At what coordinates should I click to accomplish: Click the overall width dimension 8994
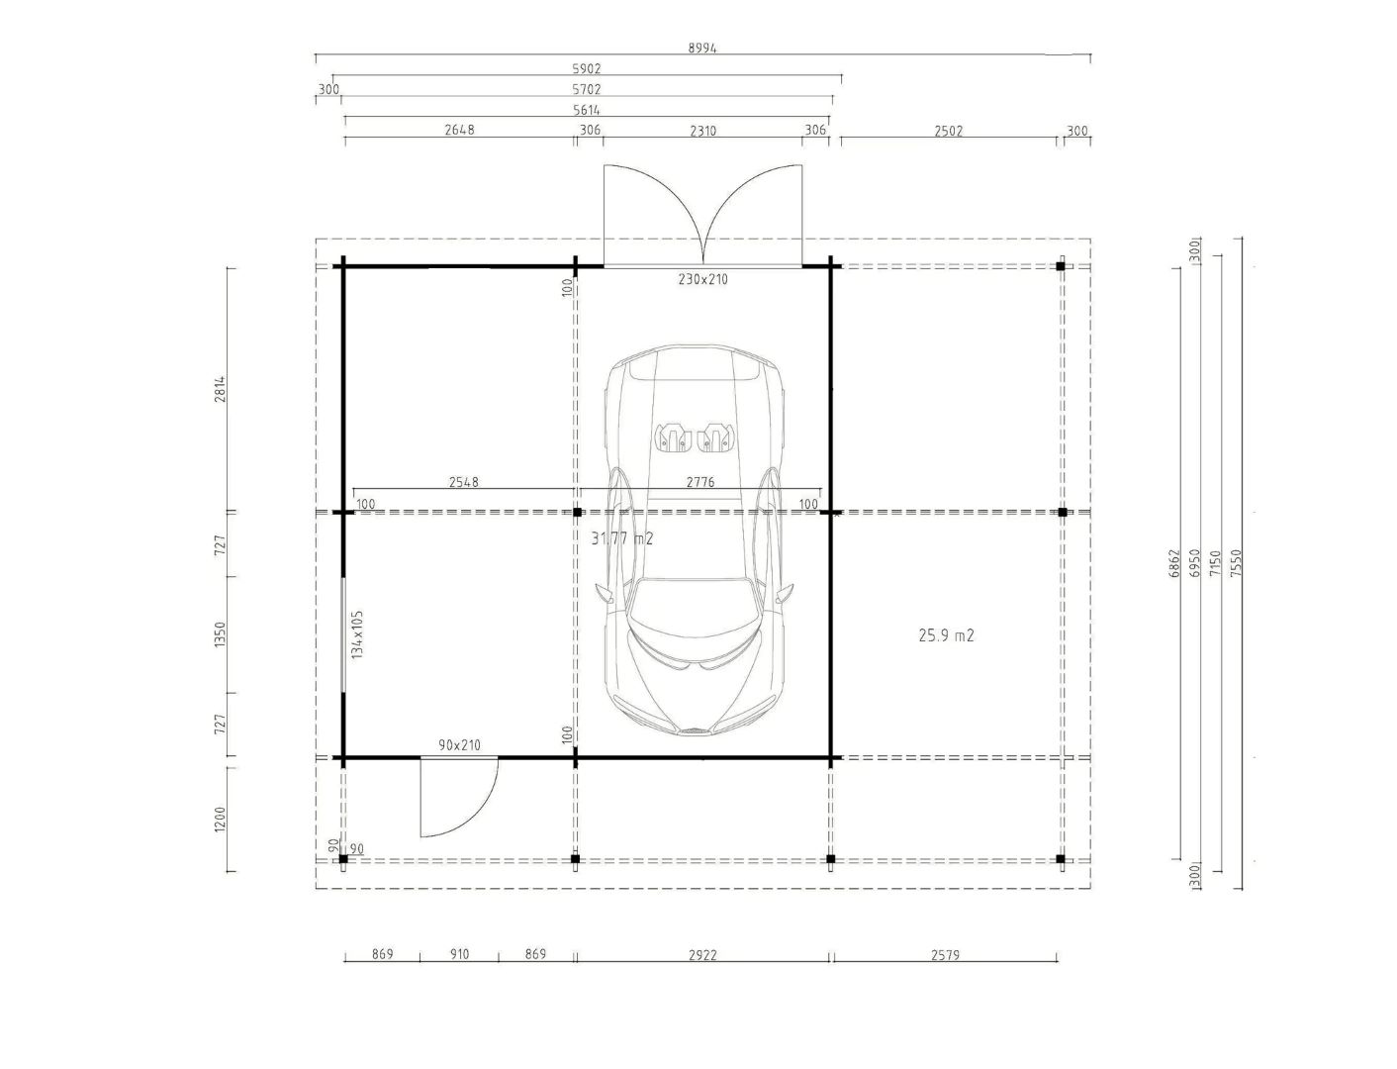(x=702, y=48)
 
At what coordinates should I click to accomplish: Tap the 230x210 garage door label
(x=702, y=279)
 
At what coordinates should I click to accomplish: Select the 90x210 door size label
(x=459, y=744)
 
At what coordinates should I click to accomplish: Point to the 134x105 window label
(x=356, y=634)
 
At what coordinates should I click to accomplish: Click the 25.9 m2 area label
(x=946, y=634)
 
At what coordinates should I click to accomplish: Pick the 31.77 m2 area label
(x=621, y=538)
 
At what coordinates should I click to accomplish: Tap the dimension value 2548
(x=463, y=482)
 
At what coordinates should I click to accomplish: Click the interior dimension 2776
(x=700, y=482)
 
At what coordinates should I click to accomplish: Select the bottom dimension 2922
(x=702, y=955)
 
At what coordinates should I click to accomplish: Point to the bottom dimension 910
(x=459, y=954)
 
